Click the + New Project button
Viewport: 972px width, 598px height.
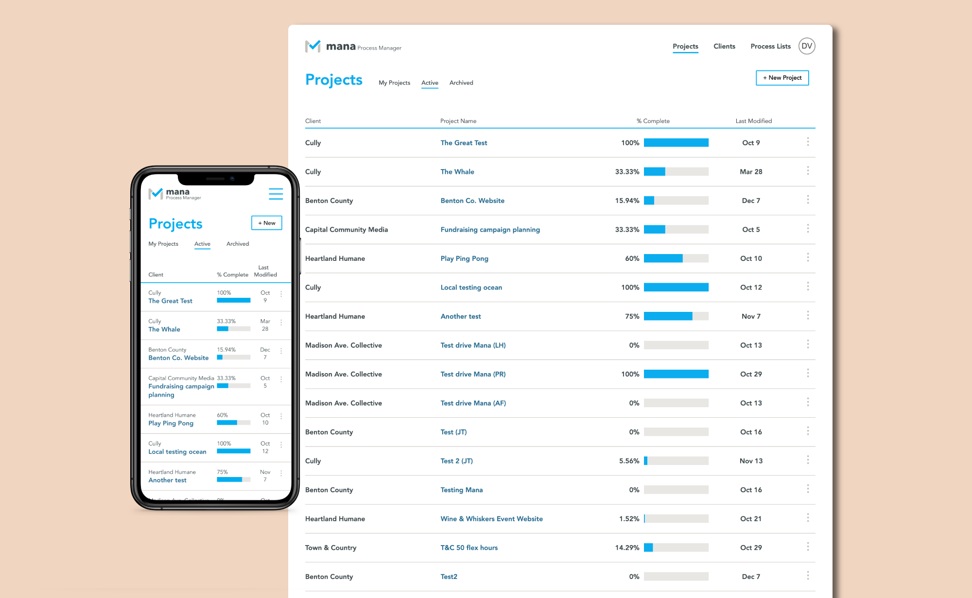tap(782, 78)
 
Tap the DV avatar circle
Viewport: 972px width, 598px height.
tap(807, 46)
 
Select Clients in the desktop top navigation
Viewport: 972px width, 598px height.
tap(724, 46)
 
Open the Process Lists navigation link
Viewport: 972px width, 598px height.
tap(770, 46)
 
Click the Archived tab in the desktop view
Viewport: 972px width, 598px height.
tap(461, 83)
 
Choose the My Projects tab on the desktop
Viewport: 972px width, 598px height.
tap(394, 83)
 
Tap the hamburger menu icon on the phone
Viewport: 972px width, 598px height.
tap(276, 194)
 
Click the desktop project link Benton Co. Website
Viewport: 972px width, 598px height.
tap(472, 201)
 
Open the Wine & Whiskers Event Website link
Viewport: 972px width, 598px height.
tap(491, 519)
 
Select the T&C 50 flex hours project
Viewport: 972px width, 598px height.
tap(469, 547)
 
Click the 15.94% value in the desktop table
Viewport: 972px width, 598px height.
tap(627, 201)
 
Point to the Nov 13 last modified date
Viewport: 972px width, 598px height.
tap(751, 461)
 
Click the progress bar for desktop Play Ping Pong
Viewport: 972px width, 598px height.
tap(676, 258)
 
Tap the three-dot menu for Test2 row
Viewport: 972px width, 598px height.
tap(808, 576)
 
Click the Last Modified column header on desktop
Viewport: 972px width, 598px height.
tap(753, 121)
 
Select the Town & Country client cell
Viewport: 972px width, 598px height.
tap(330, 547)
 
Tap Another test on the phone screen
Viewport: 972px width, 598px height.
tap(167, 480)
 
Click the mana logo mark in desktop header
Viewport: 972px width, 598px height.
tap(312, 46)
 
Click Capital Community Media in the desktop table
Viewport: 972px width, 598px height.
tap(347, 229)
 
